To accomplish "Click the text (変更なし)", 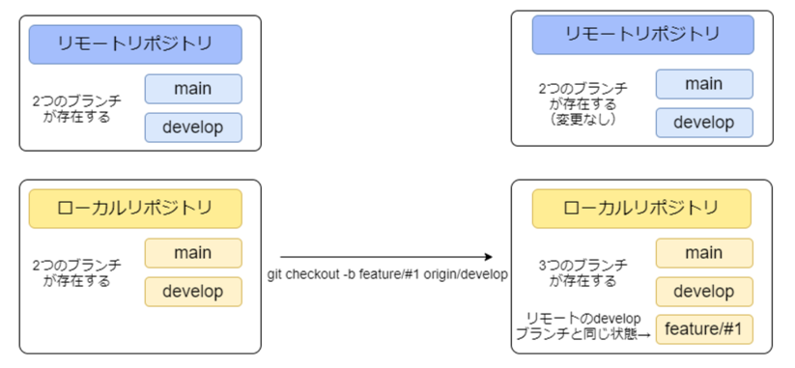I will pyautogui.click(x=582, y=120).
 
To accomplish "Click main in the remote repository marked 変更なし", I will pyautogui.click(x=703, y=84).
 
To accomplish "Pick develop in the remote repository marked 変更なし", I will pyautogui.click(x=703, y=123).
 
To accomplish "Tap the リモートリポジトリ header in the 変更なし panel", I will pyautogui.click(x=640, y=35).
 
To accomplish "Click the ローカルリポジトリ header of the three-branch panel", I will pyautogui.click(x=641, y=208).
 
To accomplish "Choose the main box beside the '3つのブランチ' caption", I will pyautogui.click(x=703, y=253).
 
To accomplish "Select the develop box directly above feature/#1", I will pyautogui.click(x=703, y=292).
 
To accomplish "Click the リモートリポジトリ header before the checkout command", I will pyautogui.click(x=135, y=44).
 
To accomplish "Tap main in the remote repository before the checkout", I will pyautogui.click(x=193, y=89).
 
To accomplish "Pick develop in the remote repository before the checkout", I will pyautogui.click(x=193, y=127).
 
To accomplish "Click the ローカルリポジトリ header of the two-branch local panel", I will pyautogui.click(x=135, y=208).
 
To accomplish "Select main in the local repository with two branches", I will pyautogui.click(x=193, y=253).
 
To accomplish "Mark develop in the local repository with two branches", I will pyautogui.click(x=193, y=291).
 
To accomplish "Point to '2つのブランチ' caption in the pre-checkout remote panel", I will pyautogui.click(x=77, y=107).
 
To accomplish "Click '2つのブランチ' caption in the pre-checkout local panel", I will pyautogui.click(x=77, y=272).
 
